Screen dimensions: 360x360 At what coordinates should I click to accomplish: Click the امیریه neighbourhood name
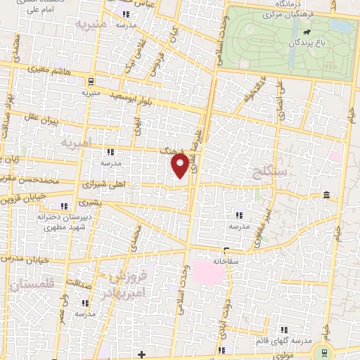point(77,143)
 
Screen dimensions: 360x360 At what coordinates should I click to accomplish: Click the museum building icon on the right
point(326,195)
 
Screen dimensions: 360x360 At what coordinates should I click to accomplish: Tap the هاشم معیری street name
point(49,70)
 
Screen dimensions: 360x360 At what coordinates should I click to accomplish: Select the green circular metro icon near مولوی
point(324,352)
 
